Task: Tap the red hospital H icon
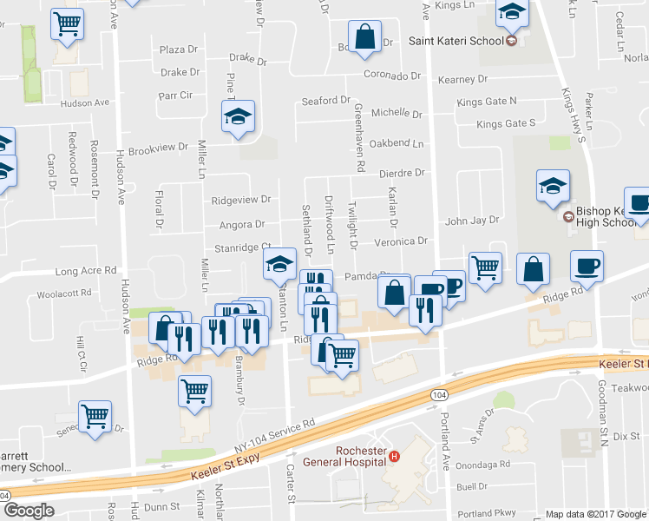(394, 457)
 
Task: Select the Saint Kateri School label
(456, 41)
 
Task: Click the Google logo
(29, 511)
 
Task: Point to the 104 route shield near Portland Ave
(439, 395)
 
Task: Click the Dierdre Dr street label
(401, 173)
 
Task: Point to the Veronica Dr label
(401, 241)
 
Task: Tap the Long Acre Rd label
(86, 271)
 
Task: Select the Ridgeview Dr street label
(241, 200)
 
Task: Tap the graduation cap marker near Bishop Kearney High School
(553, 185)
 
